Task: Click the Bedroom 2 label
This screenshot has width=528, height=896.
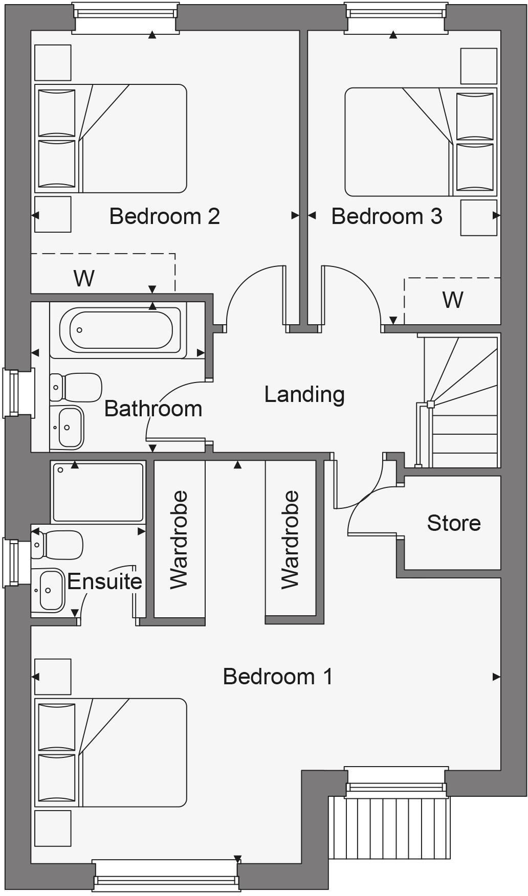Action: pyautogui.click(x=164, y=216)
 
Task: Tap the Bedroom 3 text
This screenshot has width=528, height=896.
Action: pyautogui.click(x=386, y=216)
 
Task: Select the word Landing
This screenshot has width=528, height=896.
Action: pyautogui.click(x=304, y=394)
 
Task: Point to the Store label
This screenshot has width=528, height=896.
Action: pyautogui.click(x=454, y=523)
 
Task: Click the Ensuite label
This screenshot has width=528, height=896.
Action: pyautogui.click(x=104, y=581)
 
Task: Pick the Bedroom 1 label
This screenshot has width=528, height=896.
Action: pyautogui.click(x=278, y=677)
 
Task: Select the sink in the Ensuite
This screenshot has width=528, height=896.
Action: pyautogui.click(x=51, y=591)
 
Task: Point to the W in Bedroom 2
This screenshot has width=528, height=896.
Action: pyautogui.click(x=84, y=279)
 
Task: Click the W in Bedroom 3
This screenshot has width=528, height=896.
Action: pyautogui.click(x=453, y=300)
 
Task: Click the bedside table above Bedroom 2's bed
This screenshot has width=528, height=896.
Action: pyautogui.click(x=53, y=62)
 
